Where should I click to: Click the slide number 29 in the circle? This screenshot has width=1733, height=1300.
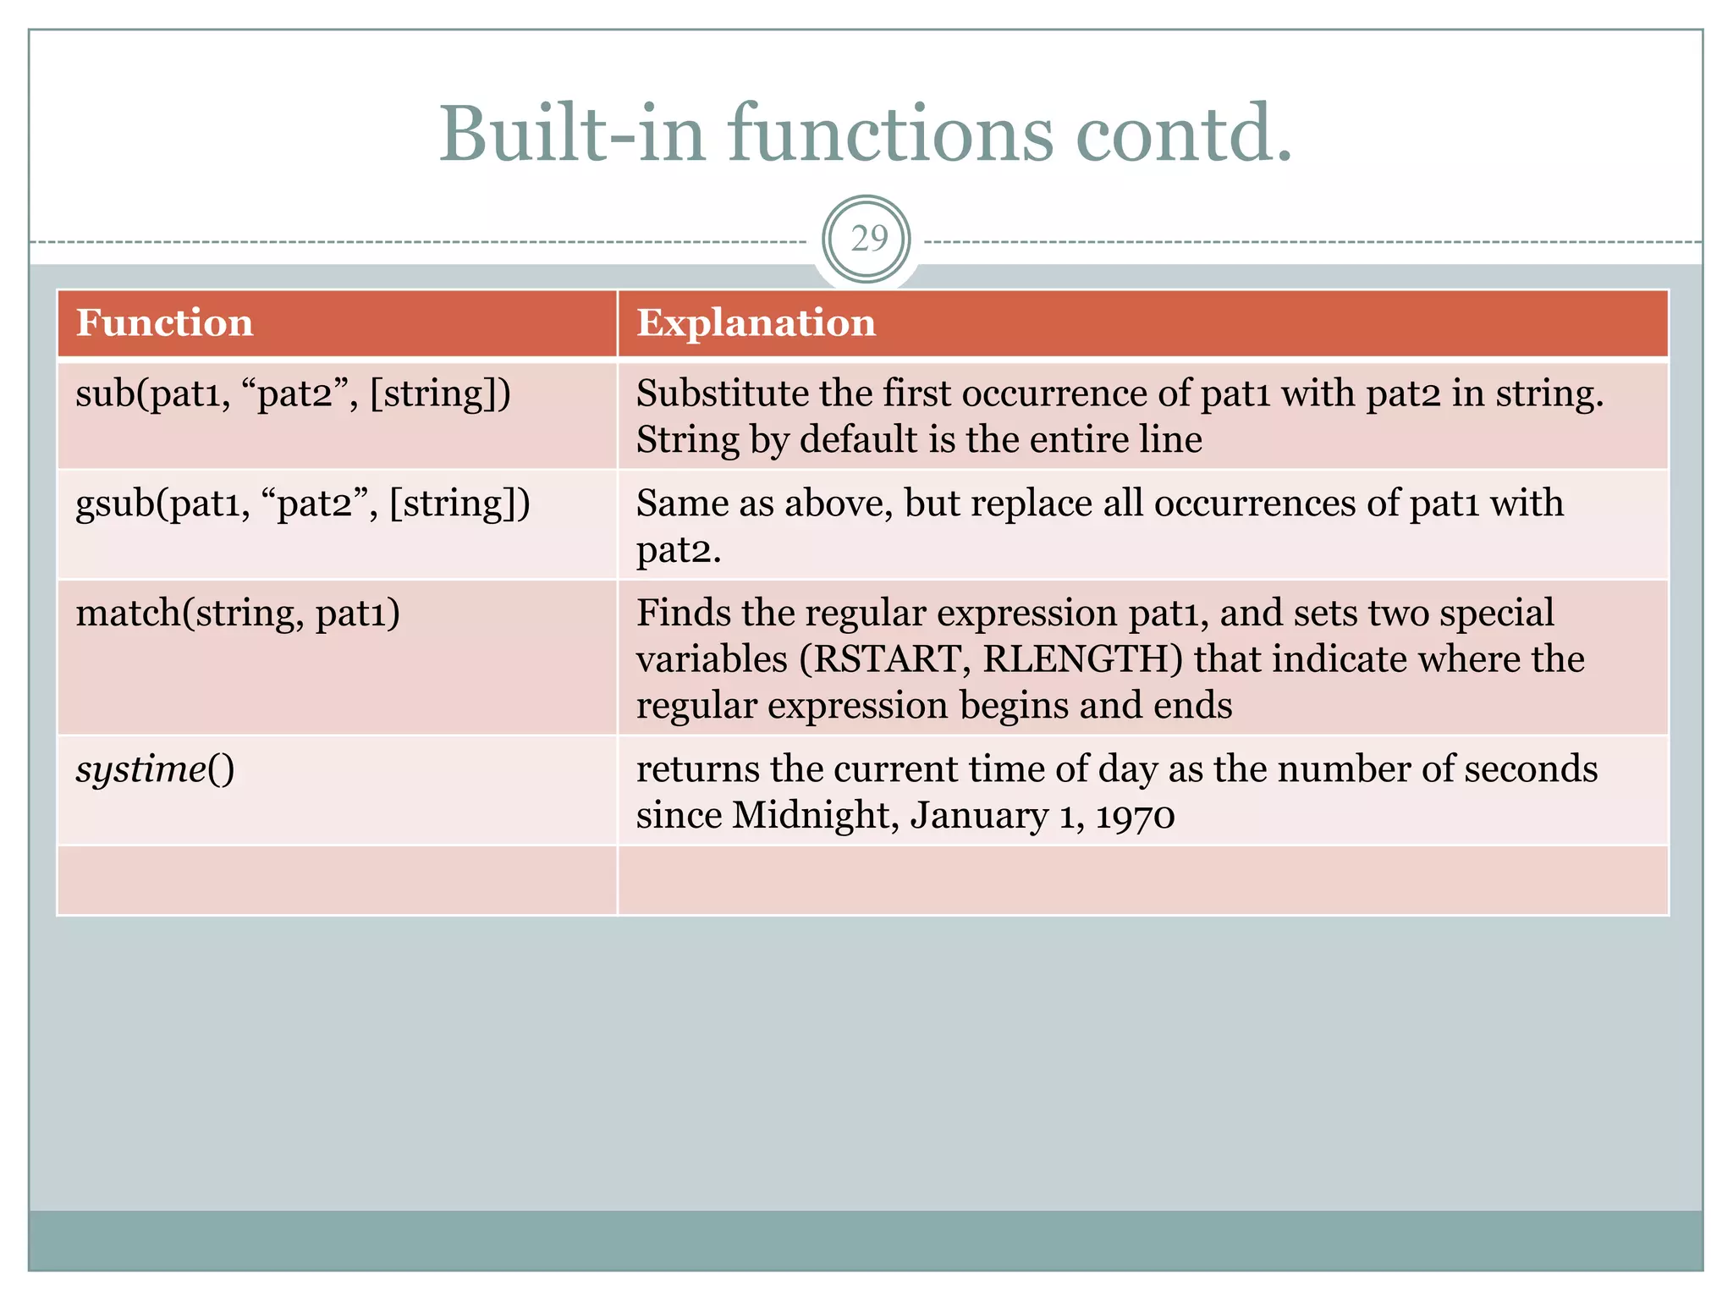[x=866, y=240]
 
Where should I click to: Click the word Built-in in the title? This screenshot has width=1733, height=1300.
[x=572, y=134]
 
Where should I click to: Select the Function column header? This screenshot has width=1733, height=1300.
[x=165, y=323]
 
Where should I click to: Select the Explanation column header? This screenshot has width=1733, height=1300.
[x=756, y=323]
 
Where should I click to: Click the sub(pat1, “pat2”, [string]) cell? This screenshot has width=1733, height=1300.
[x=293, y=394]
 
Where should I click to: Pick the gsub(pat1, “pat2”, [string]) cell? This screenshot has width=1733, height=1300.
[x=302, y=504]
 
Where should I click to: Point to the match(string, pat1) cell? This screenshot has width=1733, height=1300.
[x=238, y=613]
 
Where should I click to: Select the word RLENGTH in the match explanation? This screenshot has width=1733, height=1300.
[x=1082, y=659]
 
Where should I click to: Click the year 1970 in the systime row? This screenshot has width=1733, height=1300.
[x=1135, y=816]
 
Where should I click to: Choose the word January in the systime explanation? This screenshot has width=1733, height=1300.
[x=979, y=816]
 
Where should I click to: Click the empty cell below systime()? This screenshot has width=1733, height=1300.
[x=337, y=880]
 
